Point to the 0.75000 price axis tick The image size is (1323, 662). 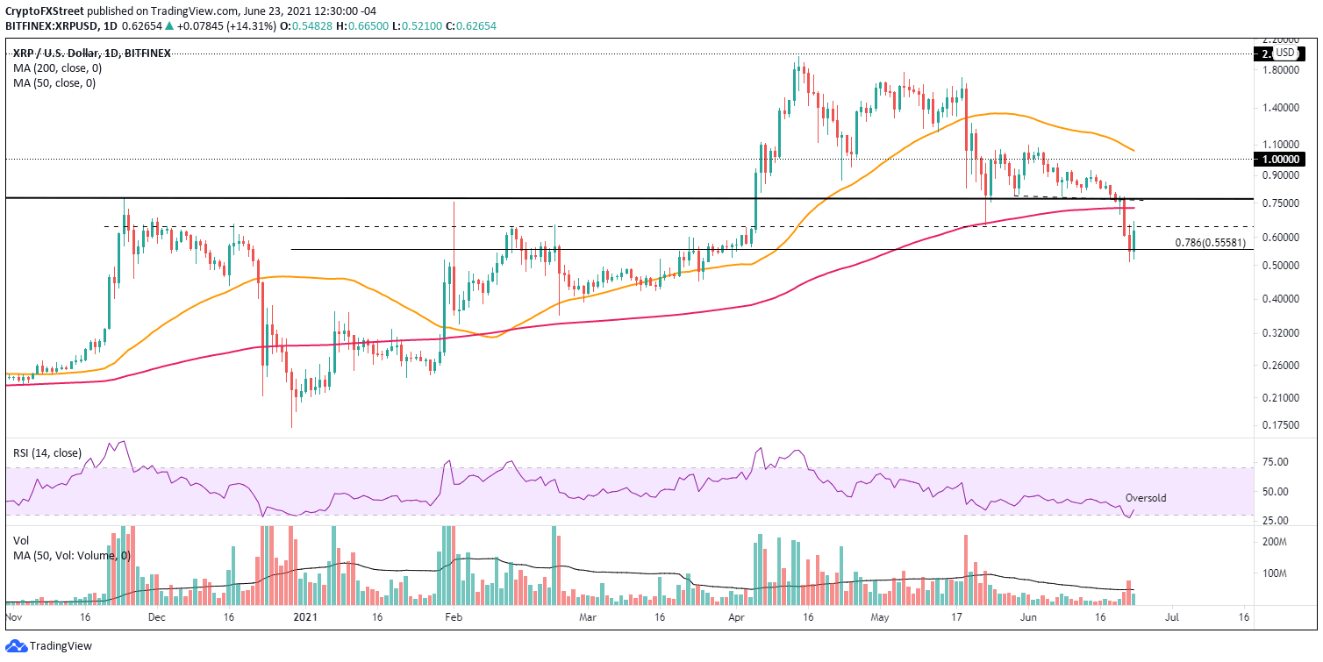[1280, 203]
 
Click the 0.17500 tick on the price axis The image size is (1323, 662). [1280, 425]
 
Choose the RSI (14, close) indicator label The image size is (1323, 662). [47, 453]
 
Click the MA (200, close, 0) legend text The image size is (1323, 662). [54, 68]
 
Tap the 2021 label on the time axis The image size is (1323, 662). [303, 617]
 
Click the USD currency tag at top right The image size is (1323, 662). [1284, 53]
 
